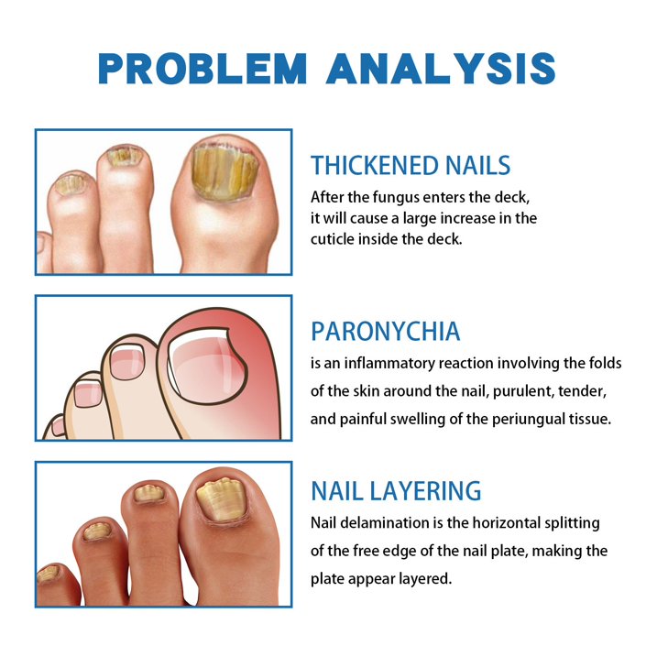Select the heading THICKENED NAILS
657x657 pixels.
coord(411,166)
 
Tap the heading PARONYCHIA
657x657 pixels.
coord(385,331)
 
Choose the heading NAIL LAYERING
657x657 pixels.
coord(396,490)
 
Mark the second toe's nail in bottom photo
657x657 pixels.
coord(148,495)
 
